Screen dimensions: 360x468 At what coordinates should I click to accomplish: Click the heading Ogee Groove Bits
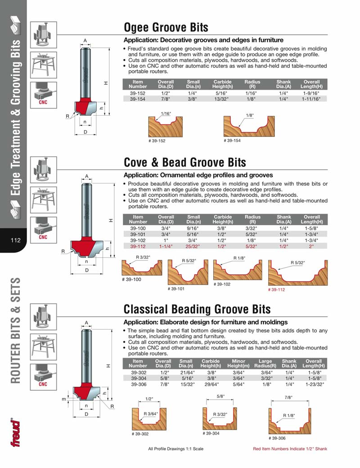pyautogui.click(x=166, y=27)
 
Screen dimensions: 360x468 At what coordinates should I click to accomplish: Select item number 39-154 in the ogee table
pyautogui.click(x=138, y=99)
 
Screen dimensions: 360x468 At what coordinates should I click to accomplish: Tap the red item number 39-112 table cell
pyautogui.click(x=138, y=246)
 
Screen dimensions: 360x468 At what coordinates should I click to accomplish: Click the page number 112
pyautogui.click(x=15, y=240)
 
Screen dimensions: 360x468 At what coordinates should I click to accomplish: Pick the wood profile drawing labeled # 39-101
pyautogui.click(x=188, y=272)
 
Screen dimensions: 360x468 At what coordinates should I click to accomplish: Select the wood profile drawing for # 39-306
pyautogui.click(x=290, y=421)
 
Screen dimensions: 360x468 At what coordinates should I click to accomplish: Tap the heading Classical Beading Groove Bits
pyautogui.click(x=197, y=309)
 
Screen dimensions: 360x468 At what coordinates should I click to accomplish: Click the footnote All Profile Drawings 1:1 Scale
pyautogui.click(x=175, y=449)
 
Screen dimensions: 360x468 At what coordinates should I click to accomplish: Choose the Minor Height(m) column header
pyautogui.click(x=238, y=363)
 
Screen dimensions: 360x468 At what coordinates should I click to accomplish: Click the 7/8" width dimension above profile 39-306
pyautogui.click(x=288, y=397)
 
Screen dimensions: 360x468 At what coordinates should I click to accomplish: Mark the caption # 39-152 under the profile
pyautogui.click(x=157, y=141)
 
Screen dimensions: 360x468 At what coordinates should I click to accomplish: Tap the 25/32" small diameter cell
pyautogui.click(x=193, y=246)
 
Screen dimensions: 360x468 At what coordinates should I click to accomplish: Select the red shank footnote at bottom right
pyautogui.click(x=290, y=449)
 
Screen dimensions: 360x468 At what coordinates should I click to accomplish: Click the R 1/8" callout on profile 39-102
pyautogui.click(x=239, y=258)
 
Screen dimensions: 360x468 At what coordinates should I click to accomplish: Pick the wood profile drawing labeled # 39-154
pyautogui.click(x=249, y=126)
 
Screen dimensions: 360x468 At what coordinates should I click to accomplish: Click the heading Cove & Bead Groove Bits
pyautogui.click(x=185, y=162)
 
